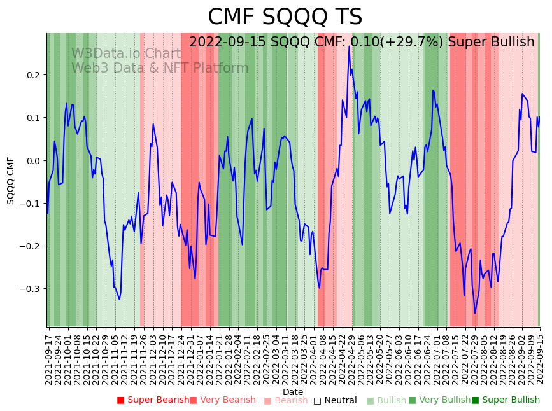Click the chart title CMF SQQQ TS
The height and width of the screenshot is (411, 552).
click(x=285, y=17)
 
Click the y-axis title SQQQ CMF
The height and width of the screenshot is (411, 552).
click(x=11, y=180)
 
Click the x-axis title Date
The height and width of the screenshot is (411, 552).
click(x=293, y=392)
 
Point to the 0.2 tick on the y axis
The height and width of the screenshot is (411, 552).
click(x=32, y=75)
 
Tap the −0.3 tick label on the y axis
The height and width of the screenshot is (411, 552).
click(x=29, y=289)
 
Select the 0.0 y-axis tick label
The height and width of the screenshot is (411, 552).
click(x=32, y=160)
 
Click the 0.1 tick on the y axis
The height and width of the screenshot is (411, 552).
click(x=32, y=118)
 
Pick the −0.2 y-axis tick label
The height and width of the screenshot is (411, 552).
click(x=29, y=246)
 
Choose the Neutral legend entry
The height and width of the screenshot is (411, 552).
click(x=340, y=400)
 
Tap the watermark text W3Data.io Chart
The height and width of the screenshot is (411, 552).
click(x=126, y=53)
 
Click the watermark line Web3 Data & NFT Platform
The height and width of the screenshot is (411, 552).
click(x=160, y=68)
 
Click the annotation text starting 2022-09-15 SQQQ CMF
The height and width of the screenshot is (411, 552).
click(x=362, y=43)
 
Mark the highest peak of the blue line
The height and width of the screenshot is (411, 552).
click(x=349, y=46)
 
